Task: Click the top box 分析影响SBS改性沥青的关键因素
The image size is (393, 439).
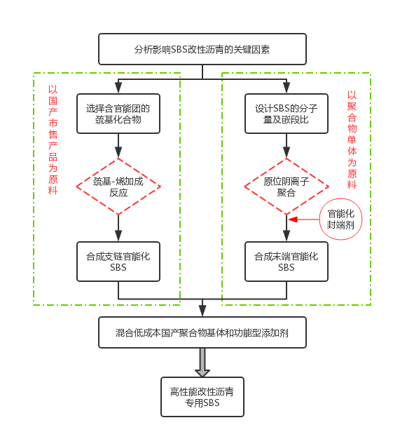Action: (202, 49)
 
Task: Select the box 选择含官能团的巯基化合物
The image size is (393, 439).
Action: (118, 114)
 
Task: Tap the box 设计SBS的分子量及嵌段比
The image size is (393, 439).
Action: (287, 114)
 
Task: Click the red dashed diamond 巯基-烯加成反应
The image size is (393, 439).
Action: (118, 187)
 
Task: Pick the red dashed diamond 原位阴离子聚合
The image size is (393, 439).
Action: (287, 187)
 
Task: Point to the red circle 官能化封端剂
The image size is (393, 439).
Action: (340, 219)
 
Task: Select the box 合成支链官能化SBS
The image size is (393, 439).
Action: (118, 262)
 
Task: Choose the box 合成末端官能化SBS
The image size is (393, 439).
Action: (287, 262)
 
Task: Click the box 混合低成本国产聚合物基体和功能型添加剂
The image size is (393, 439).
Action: (202, 332)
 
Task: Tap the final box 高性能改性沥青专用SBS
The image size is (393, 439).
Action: (202, 397)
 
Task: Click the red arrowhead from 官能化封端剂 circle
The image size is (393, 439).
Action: (293, 219)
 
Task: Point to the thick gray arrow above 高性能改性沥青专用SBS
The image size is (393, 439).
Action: (202, 363)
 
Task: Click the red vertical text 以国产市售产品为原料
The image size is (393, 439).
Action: (53, 140)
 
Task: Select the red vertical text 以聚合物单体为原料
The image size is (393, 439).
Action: (352, 140)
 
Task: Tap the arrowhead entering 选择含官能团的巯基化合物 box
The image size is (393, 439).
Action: (118, 88)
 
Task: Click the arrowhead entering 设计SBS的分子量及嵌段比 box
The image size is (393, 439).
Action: (287, 88)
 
